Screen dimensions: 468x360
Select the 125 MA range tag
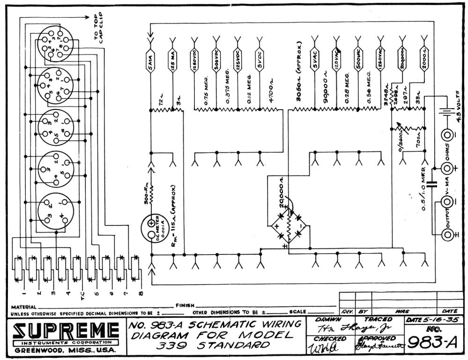[173, 60]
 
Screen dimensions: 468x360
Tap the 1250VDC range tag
[194, 60]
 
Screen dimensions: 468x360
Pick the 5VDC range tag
[259, 60]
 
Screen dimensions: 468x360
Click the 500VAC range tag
[358, 60]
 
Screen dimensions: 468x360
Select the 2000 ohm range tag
[423, 60]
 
